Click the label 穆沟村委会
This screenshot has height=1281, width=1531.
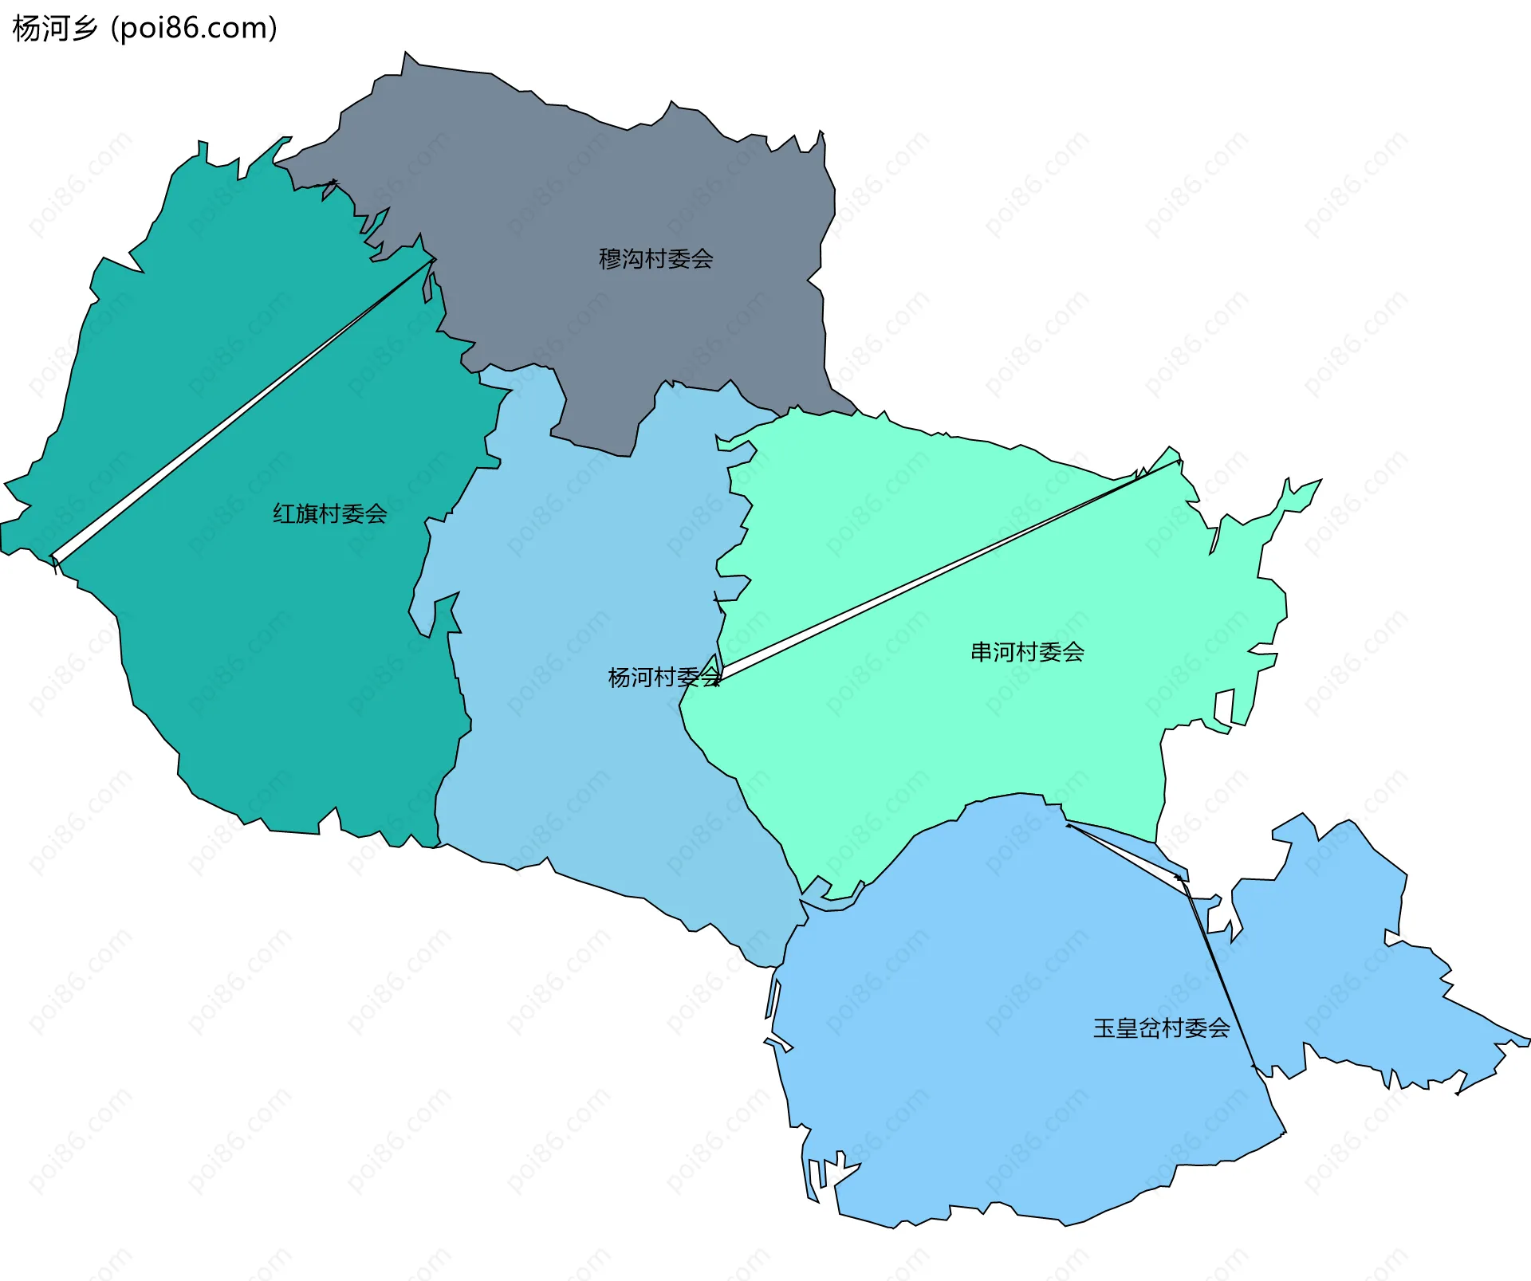(655, 259)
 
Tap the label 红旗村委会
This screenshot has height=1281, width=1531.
(329, 514)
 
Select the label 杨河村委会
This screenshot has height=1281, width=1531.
(663, 678)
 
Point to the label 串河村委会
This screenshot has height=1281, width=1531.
(1027, 652)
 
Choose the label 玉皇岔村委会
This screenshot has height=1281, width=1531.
(1161, 1028)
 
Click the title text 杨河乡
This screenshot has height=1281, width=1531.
(55, 29)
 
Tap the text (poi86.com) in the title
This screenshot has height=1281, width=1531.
(194, 29)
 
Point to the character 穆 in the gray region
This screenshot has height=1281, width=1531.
(610, 259)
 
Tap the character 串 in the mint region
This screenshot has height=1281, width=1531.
(982, 652)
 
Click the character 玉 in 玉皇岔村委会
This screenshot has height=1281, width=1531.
(1104, 1028)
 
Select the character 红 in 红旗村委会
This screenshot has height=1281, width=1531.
(284, 514)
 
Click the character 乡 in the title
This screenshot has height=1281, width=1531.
(84, 29)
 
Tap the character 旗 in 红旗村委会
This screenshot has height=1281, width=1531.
(307, 514)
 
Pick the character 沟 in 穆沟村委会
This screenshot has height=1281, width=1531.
(633, 259)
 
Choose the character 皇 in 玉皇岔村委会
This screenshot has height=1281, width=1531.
(1127, 1028)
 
